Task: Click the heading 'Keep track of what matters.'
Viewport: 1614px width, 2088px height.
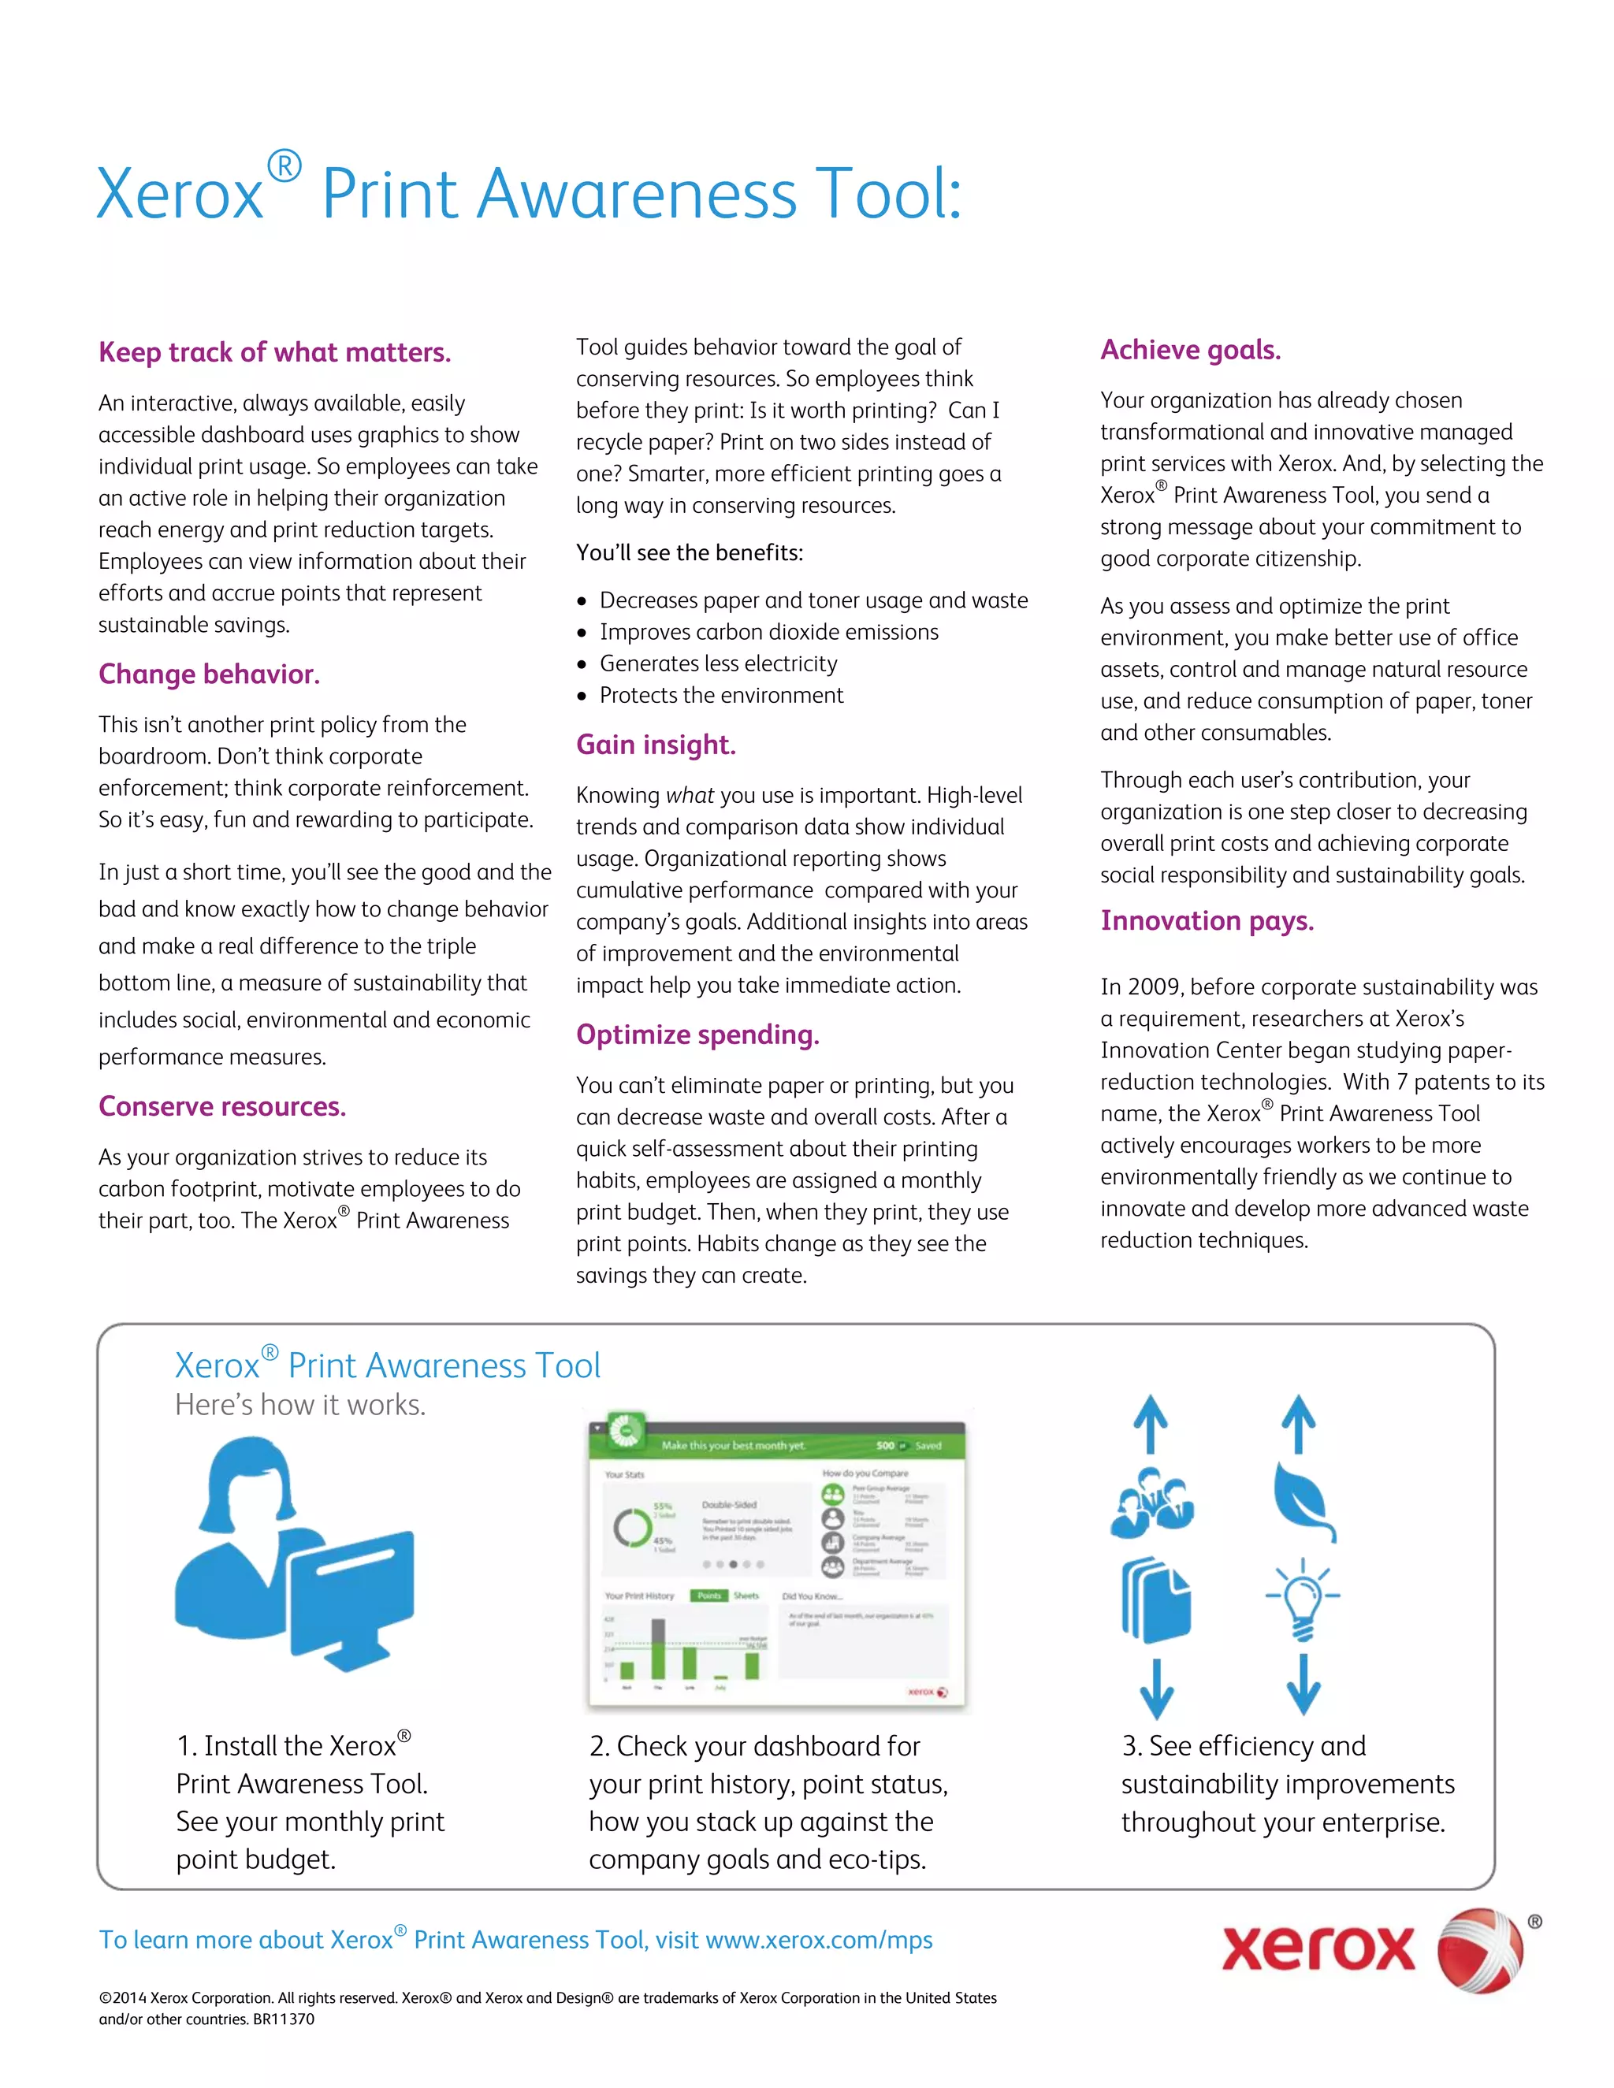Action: point(274,353)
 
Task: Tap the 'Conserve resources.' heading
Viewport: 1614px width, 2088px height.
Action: point(221,1106)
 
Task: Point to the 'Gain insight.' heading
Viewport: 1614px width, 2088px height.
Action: point(656,745)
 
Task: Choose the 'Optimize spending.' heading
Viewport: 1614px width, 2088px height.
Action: point(697,1035)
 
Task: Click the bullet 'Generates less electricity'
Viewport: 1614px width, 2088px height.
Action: point(718,663)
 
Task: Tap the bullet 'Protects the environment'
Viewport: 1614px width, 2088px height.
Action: point(721,695)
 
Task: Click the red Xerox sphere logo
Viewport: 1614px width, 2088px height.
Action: point(1480,1950)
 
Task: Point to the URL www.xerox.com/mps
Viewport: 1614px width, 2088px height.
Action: point(819,1940)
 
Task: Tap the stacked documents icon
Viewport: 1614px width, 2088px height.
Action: point(1155,1599)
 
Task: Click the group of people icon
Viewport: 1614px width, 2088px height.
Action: point(1151,1503)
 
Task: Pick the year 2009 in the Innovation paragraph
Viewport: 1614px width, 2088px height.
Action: point(1154,986)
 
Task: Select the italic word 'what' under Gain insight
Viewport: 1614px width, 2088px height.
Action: point(690,796)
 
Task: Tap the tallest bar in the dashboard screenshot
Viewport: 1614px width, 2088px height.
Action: point(658,1648)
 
